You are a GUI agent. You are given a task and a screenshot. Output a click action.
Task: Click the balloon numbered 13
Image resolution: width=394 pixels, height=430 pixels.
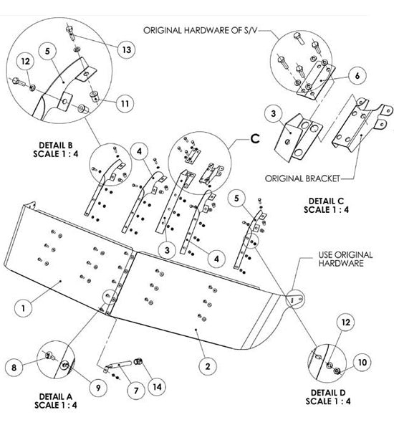(126, 49)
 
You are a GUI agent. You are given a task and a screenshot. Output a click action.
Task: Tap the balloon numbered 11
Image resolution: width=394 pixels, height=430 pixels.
(125, 103)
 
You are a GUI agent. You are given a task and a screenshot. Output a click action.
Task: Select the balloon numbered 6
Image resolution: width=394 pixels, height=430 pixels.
(357, 75)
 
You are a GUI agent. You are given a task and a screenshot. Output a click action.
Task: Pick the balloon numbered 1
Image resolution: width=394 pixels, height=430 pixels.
(23, 308)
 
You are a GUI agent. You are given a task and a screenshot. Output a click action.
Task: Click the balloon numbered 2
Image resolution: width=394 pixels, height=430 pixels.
(208, 366)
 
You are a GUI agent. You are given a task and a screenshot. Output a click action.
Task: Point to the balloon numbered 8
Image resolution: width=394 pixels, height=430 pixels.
(14, 367)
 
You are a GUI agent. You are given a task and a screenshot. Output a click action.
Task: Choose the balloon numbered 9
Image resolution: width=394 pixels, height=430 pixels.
(98, 388)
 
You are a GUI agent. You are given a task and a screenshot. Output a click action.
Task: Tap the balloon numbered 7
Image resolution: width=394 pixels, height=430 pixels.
(136, 391)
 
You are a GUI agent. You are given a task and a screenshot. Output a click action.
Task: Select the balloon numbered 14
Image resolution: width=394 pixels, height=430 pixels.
(157, 387)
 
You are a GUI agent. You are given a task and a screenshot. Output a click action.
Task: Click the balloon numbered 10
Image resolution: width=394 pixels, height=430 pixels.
(362, 362)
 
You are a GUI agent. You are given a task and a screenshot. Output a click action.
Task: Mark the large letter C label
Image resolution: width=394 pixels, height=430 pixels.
(255, 139)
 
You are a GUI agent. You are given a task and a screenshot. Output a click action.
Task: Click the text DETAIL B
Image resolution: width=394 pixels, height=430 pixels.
(56, 145)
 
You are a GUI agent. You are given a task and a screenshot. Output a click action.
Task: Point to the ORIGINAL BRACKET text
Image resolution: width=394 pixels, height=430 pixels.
(302, 178)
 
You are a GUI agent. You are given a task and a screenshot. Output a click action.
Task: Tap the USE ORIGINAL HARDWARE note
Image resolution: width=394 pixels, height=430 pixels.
(345, 259)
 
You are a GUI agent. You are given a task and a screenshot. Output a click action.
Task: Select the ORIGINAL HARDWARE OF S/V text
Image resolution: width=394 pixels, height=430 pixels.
(201, 30)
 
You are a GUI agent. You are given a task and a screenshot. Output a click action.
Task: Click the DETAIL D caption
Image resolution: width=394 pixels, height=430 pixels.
(328, 393)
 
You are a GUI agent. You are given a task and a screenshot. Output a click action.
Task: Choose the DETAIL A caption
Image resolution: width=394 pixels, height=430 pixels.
(56, 396)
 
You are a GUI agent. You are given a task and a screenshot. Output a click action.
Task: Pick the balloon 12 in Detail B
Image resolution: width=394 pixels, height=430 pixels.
(25, 61)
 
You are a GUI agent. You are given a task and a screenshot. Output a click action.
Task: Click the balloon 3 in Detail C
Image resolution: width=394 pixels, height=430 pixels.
(274, 113)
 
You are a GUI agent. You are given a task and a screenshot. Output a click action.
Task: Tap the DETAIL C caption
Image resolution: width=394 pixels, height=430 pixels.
(326, 201)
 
